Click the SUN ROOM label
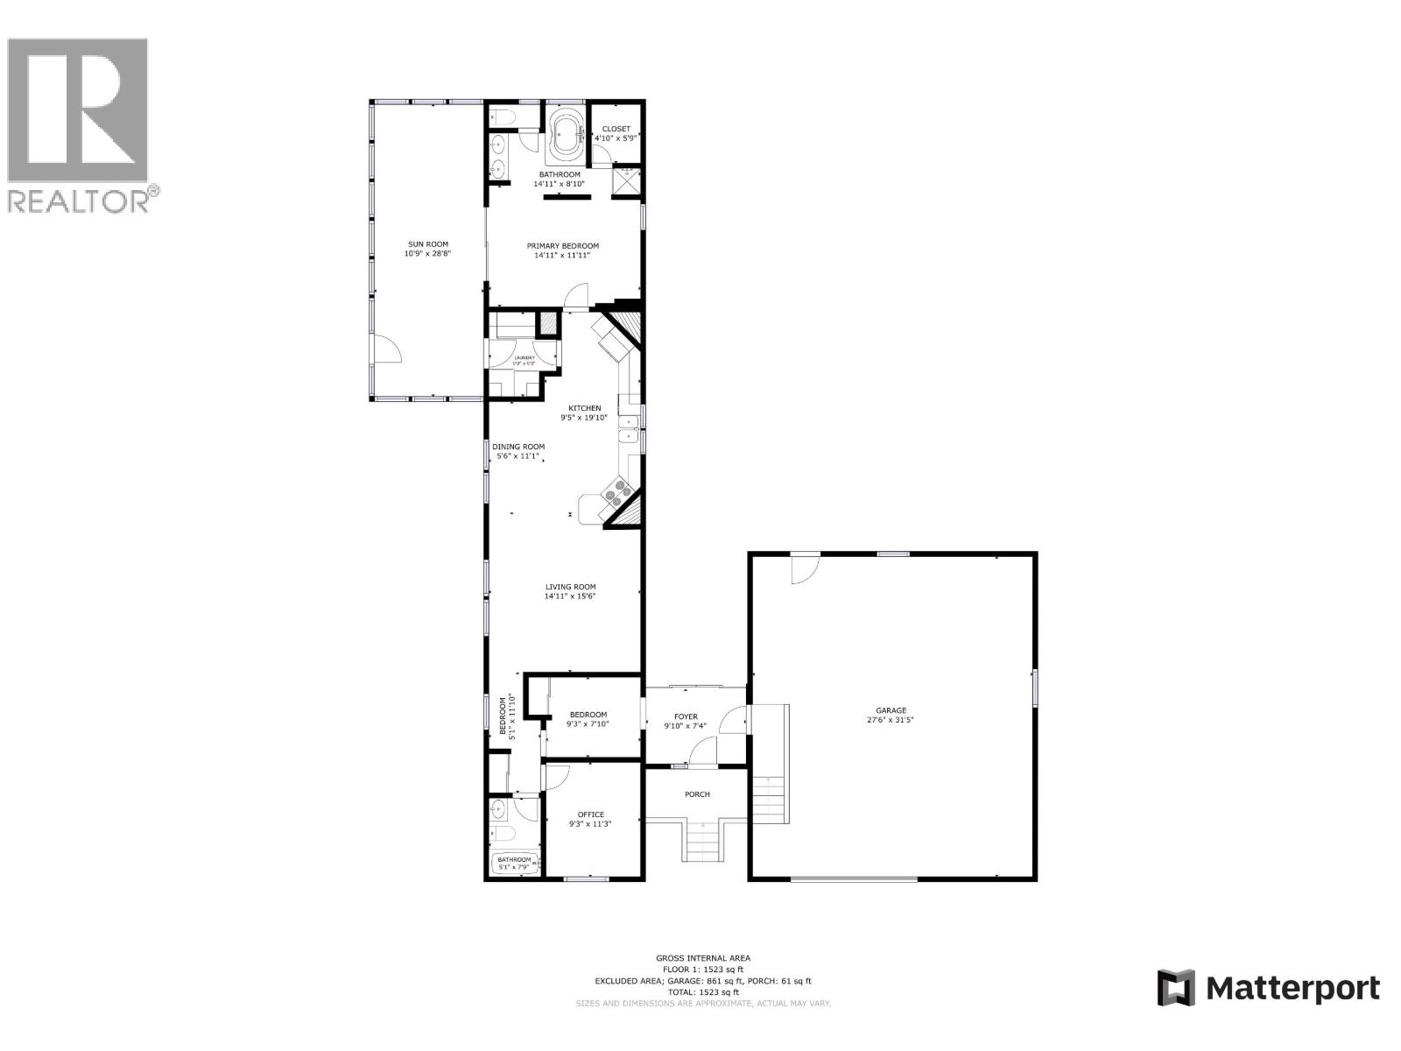(427, 244)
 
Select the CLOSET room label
(616, 129)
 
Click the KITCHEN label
(585, 408)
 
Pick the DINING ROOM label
(518, 447)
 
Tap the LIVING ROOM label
(570, 587)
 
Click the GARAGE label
(891, 710)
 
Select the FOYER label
(686, 716)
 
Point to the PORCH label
(697, 794)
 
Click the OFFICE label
(590, 815)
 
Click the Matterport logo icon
(1176, 988)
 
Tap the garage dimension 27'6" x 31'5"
(891, 721)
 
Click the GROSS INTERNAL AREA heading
(702, 958)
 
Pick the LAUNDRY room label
(524, 358)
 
